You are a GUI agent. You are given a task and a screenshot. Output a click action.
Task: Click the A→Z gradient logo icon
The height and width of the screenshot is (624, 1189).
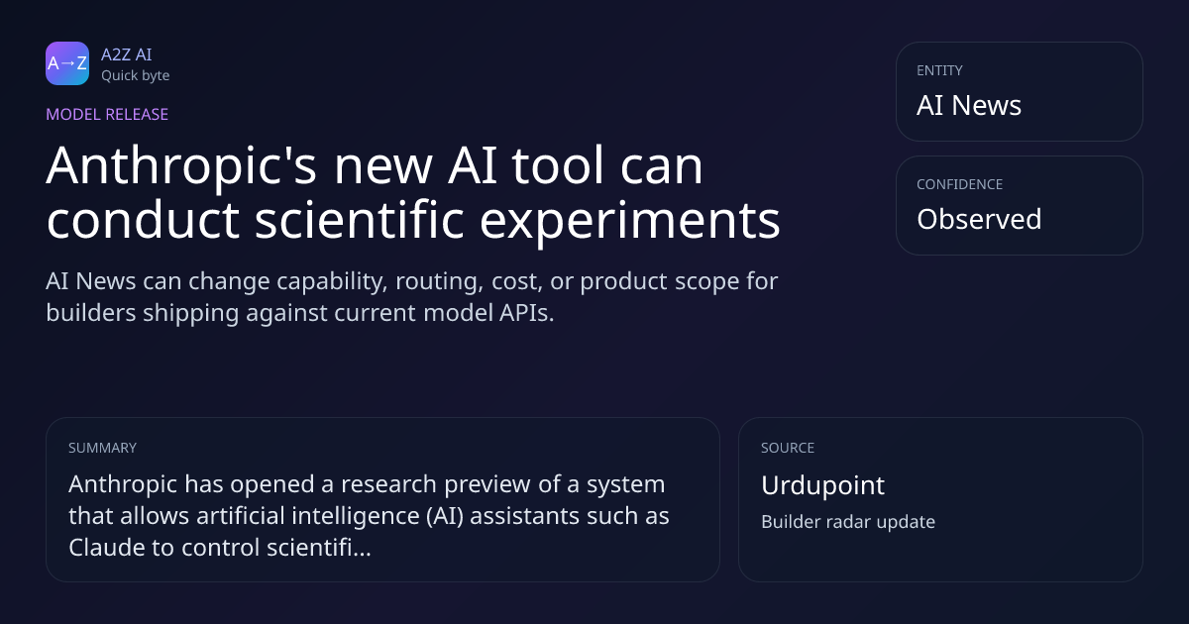(67, 63)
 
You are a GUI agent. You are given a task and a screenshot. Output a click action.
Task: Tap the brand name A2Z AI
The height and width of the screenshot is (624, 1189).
(127, 54)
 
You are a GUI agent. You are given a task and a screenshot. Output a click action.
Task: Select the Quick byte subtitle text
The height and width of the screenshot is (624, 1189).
(136, 75)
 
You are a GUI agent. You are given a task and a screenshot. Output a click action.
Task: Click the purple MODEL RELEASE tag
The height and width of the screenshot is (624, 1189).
(107, 114)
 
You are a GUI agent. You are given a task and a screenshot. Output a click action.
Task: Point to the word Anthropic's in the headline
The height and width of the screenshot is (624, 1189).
(181, 166)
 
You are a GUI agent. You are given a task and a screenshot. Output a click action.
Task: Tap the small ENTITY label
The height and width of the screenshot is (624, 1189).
(939, 70)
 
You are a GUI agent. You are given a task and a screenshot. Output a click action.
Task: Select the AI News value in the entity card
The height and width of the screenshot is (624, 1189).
(969, 105)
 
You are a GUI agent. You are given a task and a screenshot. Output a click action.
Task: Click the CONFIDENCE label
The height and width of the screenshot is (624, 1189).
(960, 184)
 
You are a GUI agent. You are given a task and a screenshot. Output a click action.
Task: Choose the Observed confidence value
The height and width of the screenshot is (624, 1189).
(979, 219)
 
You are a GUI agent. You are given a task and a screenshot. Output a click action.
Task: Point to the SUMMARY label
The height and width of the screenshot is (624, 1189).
(102, 448)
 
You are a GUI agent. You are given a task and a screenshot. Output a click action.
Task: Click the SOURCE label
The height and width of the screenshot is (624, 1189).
(788, 448)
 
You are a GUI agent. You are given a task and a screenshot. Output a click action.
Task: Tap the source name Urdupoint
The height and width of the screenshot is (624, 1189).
(822, 485)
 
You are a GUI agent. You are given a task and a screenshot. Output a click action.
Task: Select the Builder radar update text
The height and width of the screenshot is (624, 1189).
(848, 522)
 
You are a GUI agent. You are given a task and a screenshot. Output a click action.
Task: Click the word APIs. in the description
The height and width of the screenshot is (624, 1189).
(526, 313)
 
